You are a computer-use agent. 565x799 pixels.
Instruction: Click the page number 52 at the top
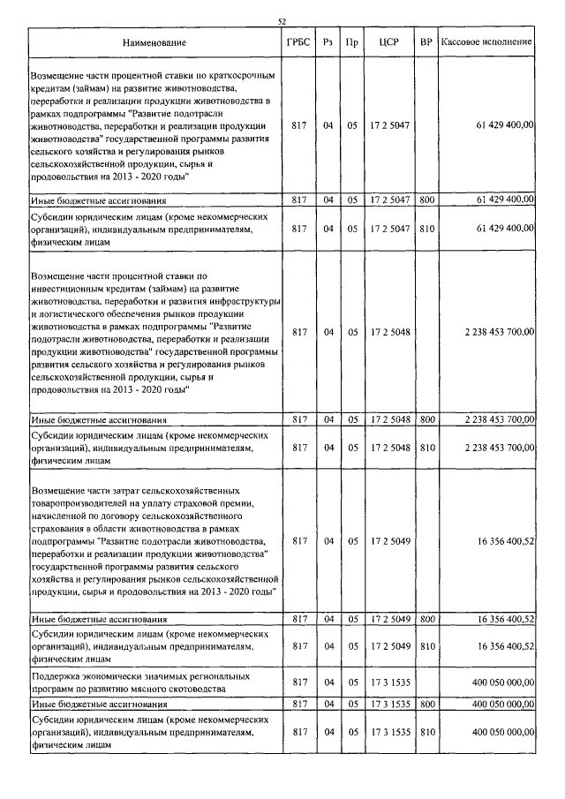(x=282, y=20)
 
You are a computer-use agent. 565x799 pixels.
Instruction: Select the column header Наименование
(x=155, y=41)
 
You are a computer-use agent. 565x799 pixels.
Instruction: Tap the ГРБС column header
(x=298, y=41)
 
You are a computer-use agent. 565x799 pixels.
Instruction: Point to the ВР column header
(x=426, y=41)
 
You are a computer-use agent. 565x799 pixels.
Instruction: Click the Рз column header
(x=328, y=41)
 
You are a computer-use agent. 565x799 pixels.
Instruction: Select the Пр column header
(x=351, y=41)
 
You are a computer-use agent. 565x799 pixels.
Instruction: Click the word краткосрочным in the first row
(x=231, y=77)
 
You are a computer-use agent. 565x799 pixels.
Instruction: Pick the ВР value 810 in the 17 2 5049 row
(x=426, y=646)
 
